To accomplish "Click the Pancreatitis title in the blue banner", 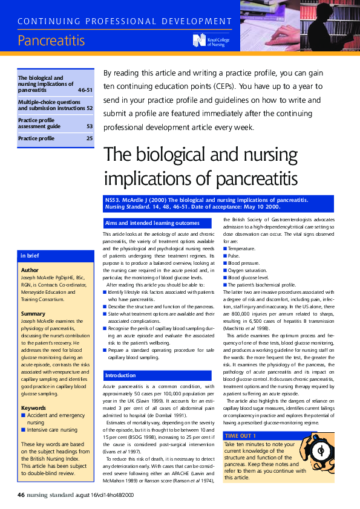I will click(x=51, y=41).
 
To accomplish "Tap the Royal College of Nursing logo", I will click(x=209, y=41).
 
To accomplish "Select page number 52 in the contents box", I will click(x=90, y=108).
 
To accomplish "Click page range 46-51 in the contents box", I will click(x=85, y=89).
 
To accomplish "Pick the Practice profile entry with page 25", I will click(x=56, y=138).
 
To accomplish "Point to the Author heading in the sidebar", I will click(x=30, y=270).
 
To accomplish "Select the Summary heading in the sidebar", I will click(x=33, y=314).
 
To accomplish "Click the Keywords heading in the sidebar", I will click(x=34, y=391).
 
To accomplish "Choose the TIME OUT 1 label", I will click(x=240, y=435).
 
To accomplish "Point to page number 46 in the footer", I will click(x=21, y=496).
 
